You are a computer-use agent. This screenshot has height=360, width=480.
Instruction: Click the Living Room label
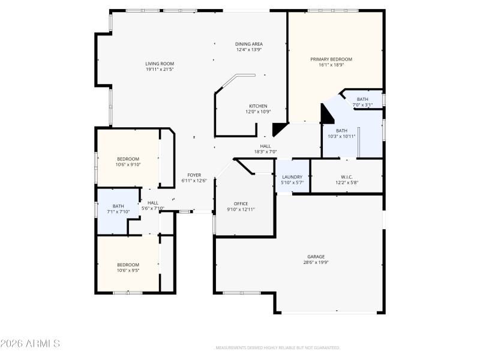pyautogui.click(x=159, y=64)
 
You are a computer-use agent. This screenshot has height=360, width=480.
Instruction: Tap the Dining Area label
pyautogui.click(x=248, y=44)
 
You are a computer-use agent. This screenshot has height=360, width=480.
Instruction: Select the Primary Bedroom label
pyautogui.click(x=331, y=59)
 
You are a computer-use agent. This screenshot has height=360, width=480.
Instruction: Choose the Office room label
pyautogui.click(x=241, y=203)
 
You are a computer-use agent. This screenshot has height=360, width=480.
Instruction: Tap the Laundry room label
pyautogui.click(x=292, y=177)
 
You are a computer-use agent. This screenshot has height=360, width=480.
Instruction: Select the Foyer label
pyautogui.click(x=194, y=175)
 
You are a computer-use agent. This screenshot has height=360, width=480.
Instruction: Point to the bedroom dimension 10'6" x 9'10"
pyautogui.click(x=127, y=164)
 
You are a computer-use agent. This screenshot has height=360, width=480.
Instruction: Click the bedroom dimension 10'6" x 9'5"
pyautogui.click(x=127, y=271)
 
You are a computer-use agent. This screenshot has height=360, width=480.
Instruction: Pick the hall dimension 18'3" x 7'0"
pyautogui.click(x=265, y=152)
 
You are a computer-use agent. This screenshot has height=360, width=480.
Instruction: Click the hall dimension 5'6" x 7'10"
pyautogui.click(x=153, y=208)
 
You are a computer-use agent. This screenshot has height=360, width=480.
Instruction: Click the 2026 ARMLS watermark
pyautogui.click(x=30, y=344)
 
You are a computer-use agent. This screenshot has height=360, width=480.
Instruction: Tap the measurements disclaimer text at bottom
pyautogui.click(x=278, y=347)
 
